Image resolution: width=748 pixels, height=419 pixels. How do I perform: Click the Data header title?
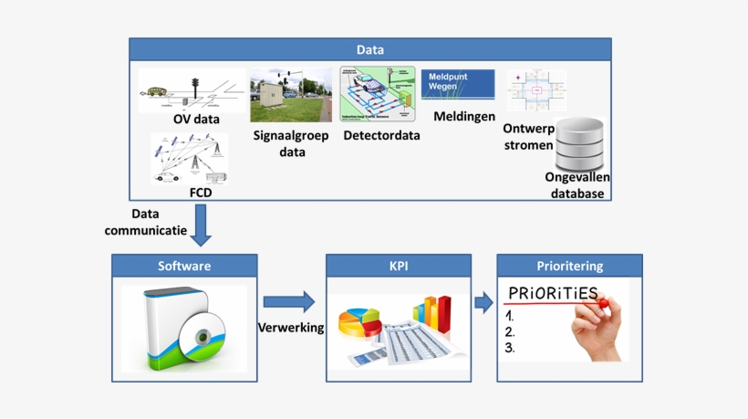coord(369,50)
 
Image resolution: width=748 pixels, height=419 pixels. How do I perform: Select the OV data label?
coord(196,119)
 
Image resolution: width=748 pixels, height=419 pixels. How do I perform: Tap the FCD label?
coord(200,193)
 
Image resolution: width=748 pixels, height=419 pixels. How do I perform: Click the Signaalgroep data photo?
coord(291,95)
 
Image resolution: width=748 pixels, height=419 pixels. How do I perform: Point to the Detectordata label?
coord(381,136)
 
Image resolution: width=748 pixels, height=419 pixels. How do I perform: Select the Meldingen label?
coord(464,116)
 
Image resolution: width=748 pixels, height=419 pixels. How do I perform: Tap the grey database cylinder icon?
coord(581,141)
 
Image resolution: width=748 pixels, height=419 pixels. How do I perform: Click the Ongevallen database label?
coord(577,185)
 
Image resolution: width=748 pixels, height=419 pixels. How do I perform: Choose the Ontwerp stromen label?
coord(528,137)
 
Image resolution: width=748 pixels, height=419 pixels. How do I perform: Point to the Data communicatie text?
coord(145,222)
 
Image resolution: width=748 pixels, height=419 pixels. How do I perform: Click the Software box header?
coord(184,267)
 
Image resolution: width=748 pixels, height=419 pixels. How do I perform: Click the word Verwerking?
coord(291,328)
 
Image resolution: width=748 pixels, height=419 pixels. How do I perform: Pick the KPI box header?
coord(399,267)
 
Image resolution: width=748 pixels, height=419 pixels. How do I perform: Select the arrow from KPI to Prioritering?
coord(483,303)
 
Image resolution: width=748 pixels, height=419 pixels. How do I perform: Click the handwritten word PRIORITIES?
coord(553,294)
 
